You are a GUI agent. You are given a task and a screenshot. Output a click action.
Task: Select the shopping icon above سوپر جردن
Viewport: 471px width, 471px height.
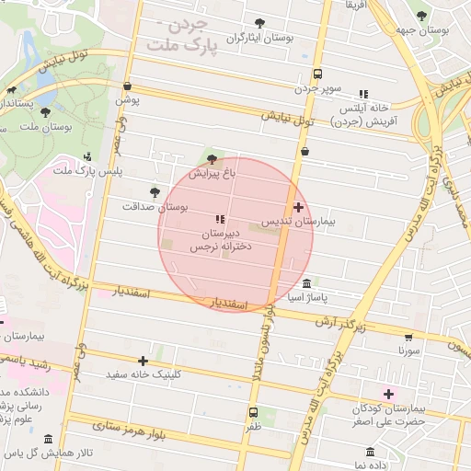317,75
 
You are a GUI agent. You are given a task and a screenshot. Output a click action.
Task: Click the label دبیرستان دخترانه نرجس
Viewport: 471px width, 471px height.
214,241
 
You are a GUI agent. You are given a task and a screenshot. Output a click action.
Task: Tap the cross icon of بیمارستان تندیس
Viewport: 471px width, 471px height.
298,208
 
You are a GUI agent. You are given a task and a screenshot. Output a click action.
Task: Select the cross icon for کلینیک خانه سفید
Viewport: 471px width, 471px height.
143,361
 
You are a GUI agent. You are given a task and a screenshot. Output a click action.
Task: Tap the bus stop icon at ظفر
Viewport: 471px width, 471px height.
253,412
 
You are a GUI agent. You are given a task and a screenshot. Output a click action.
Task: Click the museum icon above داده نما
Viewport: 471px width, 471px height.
371,453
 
